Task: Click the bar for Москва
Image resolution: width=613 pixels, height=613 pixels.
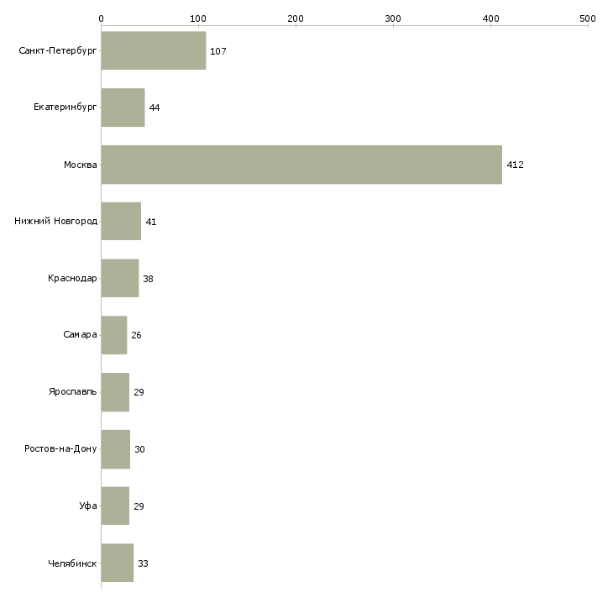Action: click(x=301, y=165)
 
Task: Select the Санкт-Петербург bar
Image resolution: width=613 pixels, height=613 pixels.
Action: click(x=154, y=51)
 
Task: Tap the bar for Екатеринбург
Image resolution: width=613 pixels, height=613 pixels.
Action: click(x=123, y=107)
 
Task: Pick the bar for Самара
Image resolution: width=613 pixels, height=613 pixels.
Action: click(x=114, y=335)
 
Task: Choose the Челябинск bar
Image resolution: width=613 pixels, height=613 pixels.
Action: click(x=118, y=563)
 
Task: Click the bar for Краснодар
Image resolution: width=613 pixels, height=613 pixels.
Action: click(x=120, y=278)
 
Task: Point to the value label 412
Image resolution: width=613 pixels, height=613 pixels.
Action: click(x=515, y=165)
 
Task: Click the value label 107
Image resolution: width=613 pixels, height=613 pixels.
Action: click(x=218, y=51)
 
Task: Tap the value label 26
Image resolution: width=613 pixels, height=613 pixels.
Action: click(x=136, y=335)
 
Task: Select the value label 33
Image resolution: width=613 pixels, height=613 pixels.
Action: click(x=143, y=563)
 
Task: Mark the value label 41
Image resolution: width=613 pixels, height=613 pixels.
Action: click(x=151, y=222)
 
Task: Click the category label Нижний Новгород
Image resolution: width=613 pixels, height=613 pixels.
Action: click(x=56, y=222)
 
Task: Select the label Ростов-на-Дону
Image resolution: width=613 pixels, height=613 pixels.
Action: click(x=61, y=449)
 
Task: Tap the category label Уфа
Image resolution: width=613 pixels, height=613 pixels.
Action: click(x=89, y=506)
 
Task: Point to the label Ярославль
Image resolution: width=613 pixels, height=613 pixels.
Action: click(x=73, y=392)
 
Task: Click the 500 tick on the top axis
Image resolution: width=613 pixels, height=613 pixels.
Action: click(x=587, y=18)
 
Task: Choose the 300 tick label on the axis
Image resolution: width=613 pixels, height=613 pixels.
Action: click(x=392, y=18)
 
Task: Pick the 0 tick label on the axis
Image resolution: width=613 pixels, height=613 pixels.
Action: click(x=101, y=18)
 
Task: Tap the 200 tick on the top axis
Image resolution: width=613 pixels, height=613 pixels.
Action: click(x=296, y=18)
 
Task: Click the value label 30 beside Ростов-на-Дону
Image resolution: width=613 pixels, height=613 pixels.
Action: click(x=139, y=449)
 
